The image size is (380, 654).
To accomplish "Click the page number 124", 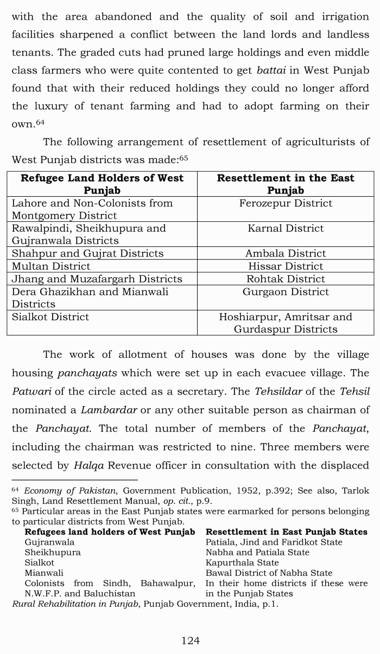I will pyautogui.click(x=190, y=640).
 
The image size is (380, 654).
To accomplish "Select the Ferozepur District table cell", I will pyautogui.click(x=286, y=203).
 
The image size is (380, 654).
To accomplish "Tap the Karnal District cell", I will pyautogui.click(x=286, y=228).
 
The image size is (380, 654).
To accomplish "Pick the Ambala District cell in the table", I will pyautogui.click(x=286, y=253).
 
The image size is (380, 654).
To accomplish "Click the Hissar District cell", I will pyautogui.click(x=286, y=266).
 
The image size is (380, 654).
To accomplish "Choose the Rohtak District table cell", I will pyautogui.click(x=286, y=279).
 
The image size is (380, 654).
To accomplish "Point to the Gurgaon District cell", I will pyautogui.click(x=286, y=292).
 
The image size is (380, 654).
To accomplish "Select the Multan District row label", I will pyautogui.click(x=51, y=266).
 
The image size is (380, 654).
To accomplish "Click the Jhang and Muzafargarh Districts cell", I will pyautogui.click(x=97, y=279).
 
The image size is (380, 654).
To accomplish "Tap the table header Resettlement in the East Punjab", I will pyautogui.click(x=286, y=184).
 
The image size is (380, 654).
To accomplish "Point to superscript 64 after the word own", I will pyautogui.click(x=40, y=122).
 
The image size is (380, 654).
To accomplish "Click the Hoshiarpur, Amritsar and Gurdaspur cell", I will pyautogui.click(x=286, y=323).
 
